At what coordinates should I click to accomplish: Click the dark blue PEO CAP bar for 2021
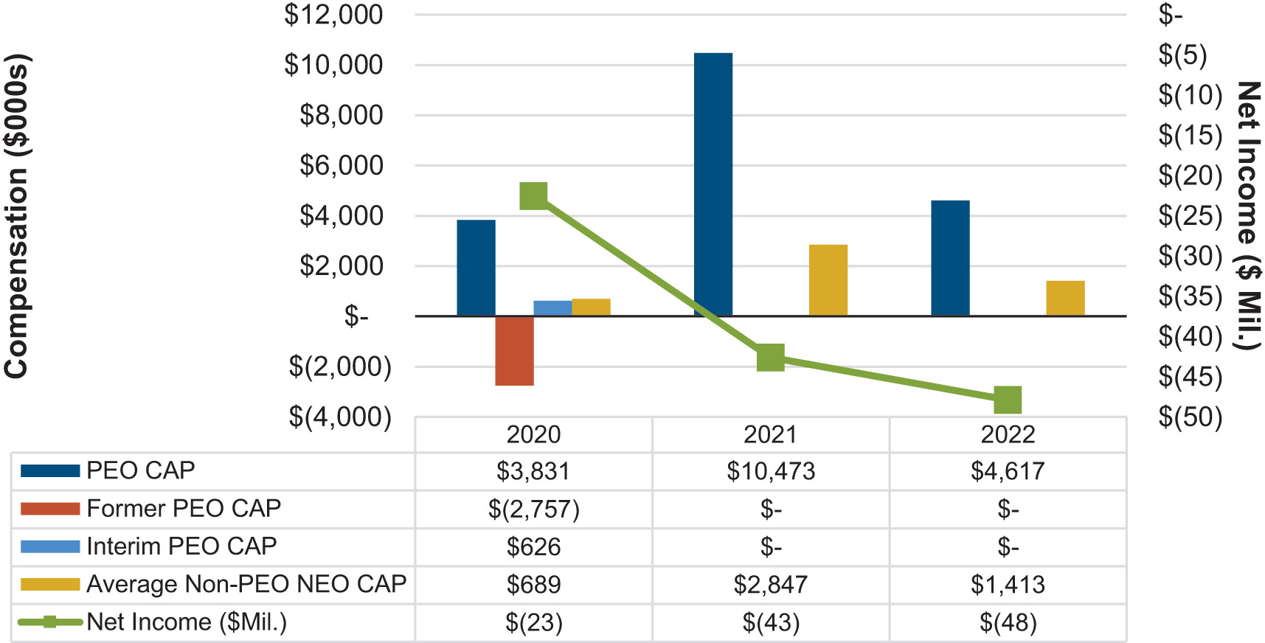coord(713,184)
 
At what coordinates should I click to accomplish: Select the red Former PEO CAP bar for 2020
coord(514,351)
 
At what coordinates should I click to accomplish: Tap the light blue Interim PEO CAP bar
coord(552,308)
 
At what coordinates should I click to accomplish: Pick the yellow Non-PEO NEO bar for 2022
coord(1065,298)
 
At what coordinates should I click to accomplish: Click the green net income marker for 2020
coord(533,196)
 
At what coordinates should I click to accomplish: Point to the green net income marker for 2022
coord(1008,400)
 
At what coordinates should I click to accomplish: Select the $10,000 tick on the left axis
coord(333,65)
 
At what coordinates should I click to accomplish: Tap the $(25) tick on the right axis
coord(1190,216)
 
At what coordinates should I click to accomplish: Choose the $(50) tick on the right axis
coord(1190,417)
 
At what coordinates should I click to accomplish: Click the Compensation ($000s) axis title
coord(16,216)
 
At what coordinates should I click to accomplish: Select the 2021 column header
coord(770,434)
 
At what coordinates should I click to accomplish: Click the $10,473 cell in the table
coord(771,471)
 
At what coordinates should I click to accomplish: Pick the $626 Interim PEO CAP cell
coord(533,547)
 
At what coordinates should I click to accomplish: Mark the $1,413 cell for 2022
coord(1008,585)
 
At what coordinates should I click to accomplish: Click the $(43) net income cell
coord(771,623)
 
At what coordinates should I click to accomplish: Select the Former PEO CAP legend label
coord(184,508)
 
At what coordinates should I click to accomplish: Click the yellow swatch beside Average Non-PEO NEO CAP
coord(50,585)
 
